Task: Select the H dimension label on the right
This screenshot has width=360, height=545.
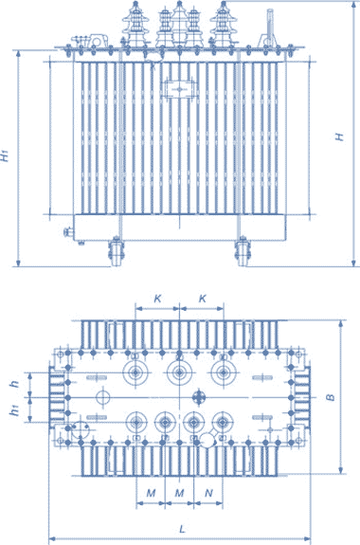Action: click(339, 136)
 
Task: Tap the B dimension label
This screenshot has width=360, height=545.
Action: click(331, 397)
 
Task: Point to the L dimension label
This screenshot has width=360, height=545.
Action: click(182, 529)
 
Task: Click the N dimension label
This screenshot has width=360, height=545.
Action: click(208, 493)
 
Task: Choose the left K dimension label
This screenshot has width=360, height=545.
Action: click(157, 299)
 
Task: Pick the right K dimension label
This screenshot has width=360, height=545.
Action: click(202, 299)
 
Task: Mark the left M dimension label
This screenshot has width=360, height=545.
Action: click(151, 493)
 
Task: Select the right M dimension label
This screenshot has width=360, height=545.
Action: click(179, 493)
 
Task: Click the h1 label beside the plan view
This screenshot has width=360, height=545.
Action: click(14, 410)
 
